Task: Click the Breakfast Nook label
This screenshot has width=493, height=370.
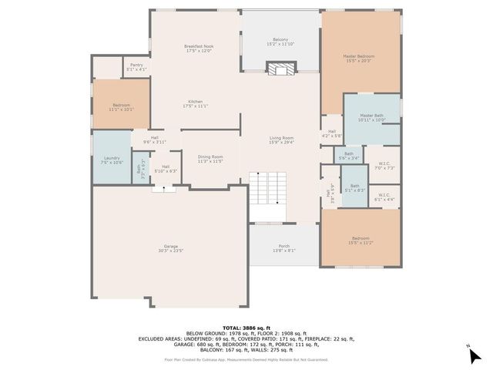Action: click(199, 49)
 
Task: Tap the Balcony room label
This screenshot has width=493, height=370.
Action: click(280, 42)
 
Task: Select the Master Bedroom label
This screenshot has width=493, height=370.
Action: click(359, 58)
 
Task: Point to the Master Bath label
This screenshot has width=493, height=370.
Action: click(371, 118)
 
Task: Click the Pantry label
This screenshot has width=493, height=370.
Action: click(136, 67)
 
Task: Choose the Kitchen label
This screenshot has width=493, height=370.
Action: click(196, 103)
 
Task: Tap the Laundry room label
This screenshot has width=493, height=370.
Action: click(112, 160)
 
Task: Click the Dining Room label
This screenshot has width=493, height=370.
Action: click(210, 158)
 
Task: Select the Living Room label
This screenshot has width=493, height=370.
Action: click(281, 140)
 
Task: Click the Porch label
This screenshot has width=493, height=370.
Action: click(284, 248)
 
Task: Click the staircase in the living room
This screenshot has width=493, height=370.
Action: click(270, 186)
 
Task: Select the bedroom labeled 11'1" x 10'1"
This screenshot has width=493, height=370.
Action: click(122, 106)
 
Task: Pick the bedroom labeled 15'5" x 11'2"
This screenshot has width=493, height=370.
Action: click(361, 240)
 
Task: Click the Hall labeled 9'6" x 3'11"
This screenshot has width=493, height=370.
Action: click(155, 140)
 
